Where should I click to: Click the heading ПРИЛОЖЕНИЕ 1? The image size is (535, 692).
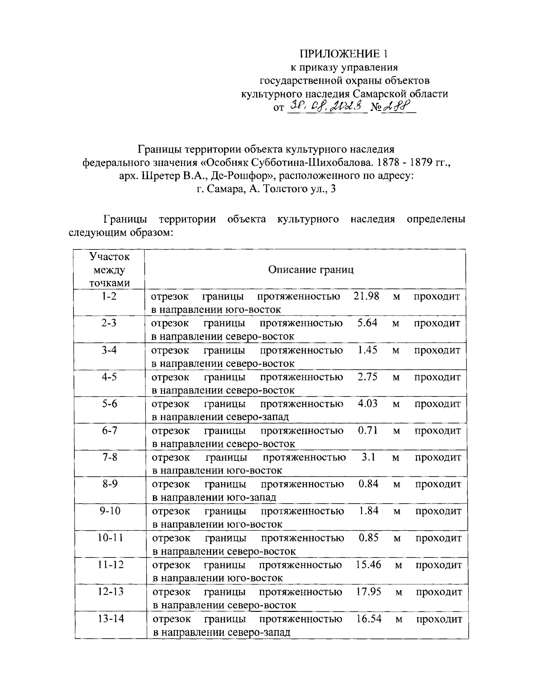(343, 54)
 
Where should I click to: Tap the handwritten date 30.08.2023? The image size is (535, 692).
(327, 106)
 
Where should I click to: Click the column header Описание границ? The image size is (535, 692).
(311, 270)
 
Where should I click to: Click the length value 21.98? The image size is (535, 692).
(366, 296)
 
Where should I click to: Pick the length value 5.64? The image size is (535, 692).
(367, 323)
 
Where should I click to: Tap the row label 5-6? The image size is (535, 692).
(109, 404)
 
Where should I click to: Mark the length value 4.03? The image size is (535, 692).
(368, 404)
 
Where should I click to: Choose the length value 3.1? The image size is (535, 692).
(368, 457)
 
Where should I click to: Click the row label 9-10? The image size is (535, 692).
(110, 511)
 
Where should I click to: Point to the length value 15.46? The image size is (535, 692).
(368, 565)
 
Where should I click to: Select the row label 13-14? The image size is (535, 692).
(110, 618)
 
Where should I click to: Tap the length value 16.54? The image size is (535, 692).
(369, 618)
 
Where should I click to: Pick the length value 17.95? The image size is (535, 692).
(368, 592)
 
